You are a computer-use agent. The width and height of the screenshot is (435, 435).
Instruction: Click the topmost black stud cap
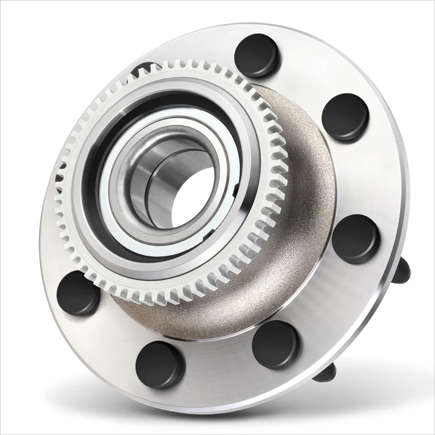click(256, 55)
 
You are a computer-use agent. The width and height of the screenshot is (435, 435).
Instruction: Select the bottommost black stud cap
click(160, 365)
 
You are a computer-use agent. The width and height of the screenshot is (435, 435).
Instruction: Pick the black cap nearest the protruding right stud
click(355, 238)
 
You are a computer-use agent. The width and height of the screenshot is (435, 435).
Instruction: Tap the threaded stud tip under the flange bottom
click(325, 372)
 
